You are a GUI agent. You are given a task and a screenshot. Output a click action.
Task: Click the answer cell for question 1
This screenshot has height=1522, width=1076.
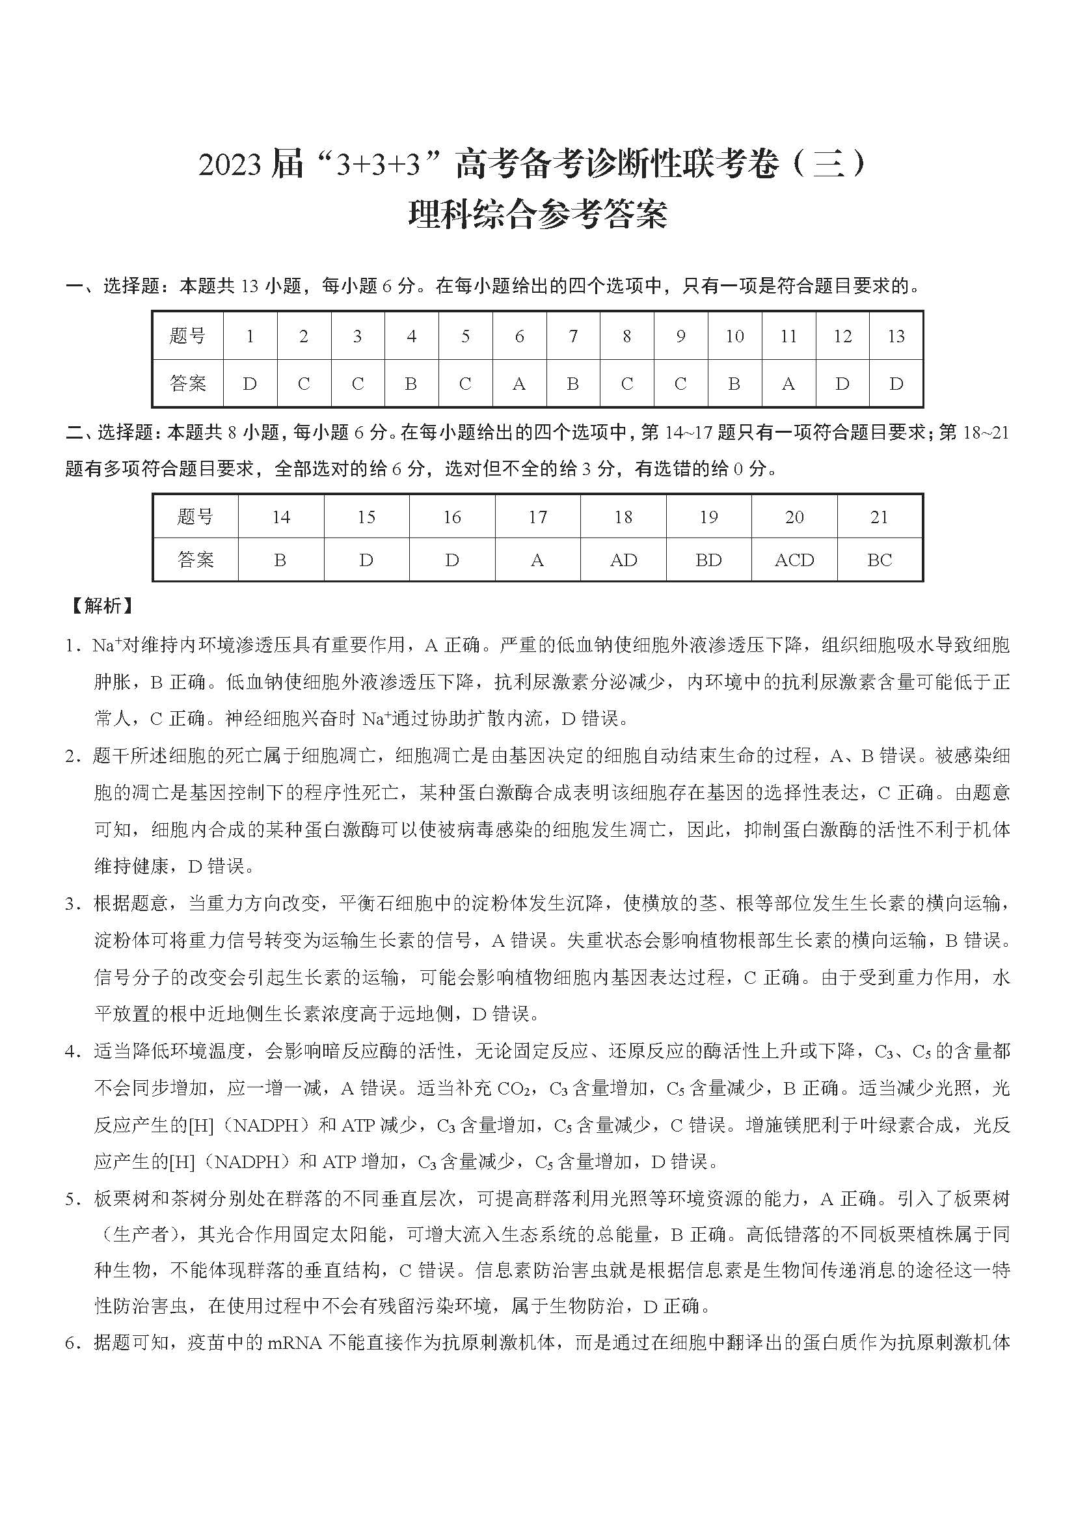point(250,384)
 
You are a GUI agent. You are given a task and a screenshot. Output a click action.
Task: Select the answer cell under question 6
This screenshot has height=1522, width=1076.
point(519,384)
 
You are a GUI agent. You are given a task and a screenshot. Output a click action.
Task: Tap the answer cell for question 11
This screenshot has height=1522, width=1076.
point(788,384)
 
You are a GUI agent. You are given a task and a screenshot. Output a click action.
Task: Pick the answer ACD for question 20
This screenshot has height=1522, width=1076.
point(794,560)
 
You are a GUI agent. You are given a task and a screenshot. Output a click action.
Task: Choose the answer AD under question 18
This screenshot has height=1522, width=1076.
point(623,560)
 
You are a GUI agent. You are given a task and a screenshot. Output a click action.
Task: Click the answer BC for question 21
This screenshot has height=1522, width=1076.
point(880,560)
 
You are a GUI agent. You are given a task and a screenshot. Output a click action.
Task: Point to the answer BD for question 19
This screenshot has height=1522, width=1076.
point(708,560)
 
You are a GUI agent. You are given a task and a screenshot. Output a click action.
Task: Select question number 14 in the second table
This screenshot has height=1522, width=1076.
point(281,517)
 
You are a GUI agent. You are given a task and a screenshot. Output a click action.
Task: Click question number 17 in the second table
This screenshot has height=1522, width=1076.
point(537,517)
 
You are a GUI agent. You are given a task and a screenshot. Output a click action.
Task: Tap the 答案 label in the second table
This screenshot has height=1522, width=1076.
point(195,560)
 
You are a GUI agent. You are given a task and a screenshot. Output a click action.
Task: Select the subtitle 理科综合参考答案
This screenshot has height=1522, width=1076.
point(537,214)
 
